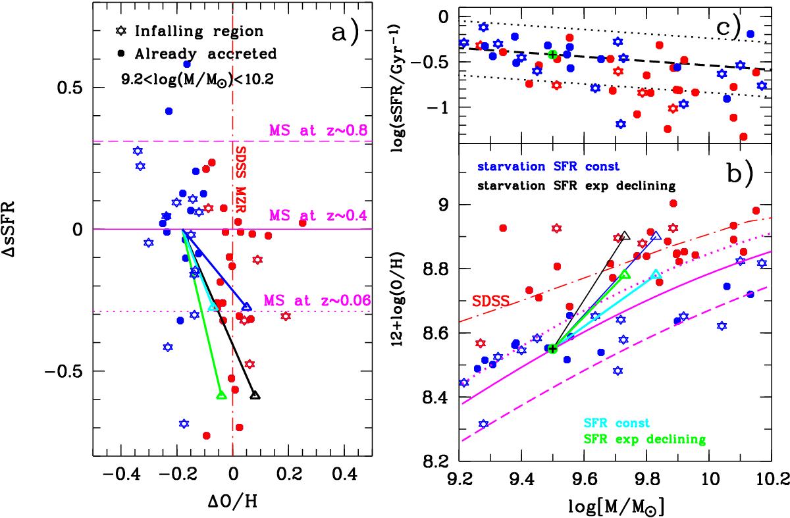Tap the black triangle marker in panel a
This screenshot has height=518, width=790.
point(255,395)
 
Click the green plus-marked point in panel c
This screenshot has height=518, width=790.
point(552,54)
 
